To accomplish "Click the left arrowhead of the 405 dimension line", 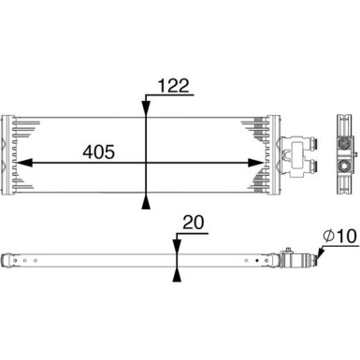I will coord(22,162).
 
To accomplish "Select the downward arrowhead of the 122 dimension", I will coord(145,108).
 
